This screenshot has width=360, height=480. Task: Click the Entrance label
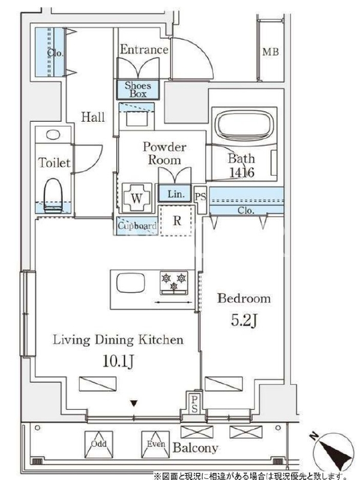144,50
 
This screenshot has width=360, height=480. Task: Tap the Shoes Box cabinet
138,89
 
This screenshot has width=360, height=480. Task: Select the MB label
271,52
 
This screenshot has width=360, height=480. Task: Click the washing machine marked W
137,198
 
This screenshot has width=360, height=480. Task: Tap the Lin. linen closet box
175,193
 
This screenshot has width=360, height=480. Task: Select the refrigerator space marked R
176,220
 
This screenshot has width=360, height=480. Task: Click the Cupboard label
137,226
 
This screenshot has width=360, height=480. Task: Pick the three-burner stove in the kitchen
174,283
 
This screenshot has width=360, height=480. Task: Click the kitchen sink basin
131,283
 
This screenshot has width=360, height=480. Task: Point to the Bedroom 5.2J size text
244,320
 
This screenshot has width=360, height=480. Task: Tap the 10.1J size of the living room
118,362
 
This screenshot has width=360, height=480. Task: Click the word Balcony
196,448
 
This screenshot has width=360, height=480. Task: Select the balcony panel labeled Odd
98,445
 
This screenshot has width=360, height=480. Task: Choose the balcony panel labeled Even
155,445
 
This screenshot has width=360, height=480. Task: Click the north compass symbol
333,452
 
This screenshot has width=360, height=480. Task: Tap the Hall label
93,117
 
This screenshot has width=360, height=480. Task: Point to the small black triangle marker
134,403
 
